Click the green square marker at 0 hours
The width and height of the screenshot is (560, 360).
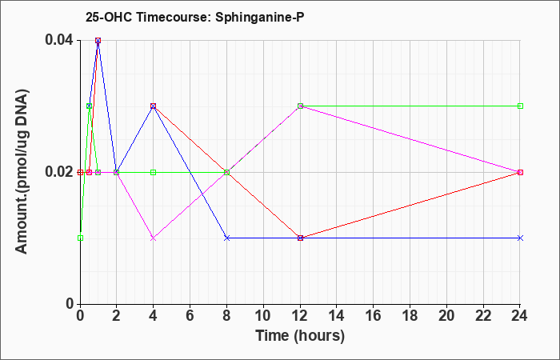point(80,238)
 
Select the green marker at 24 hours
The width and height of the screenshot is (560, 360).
point(520,106)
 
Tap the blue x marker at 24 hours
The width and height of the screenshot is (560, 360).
point(520,238)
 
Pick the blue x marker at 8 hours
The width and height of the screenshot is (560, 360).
point(226,238)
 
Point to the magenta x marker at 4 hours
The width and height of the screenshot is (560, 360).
point(154,238)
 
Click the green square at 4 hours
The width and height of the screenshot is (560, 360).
point(154,172)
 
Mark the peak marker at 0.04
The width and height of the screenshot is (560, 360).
point(98,40)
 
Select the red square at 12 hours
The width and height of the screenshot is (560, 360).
point(300,238)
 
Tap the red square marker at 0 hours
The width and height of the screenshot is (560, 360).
point(80,172)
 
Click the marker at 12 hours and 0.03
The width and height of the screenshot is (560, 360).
point(300,106)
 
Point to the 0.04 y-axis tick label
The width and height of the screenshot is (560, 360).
point(58,40)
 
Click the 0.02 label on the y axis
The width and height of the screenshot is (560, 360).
point(58,172)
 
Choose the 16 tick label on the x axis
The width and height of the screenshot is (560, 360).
point(374,316)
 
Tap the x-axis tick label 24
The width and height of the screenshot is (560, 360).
point(520,316)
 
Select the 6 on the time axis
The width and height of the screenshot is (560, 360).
point(190,316)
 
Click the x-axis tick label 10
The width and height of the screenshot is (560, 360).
point(263,316)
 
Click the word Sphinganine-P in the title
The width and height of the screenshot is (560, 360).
point(260,17)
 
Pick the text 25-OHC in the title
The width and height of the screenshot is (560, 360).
point(109,17)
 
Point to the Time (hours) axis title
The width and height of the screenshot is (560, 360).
point(300,336)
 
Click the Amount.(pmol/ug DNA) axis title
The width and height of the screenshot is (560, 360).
point(22,171)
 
